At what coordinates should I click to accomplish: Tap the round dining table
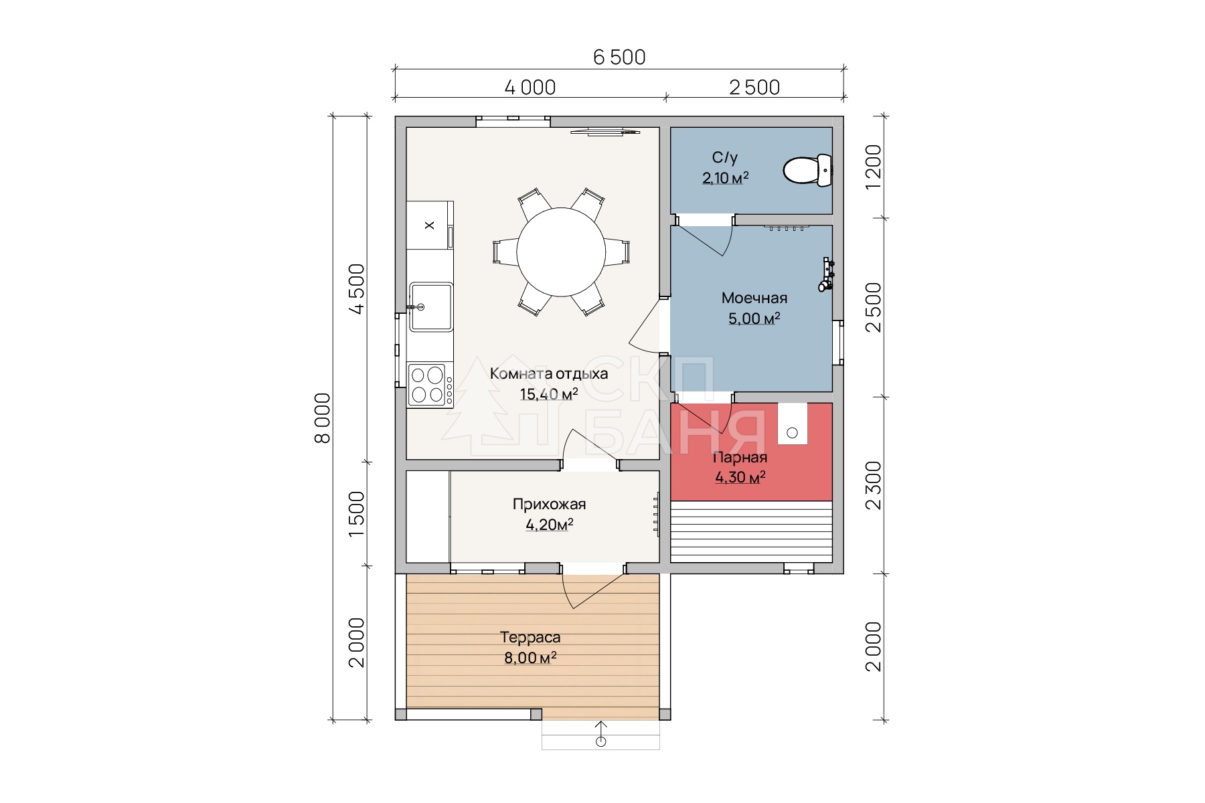click(x=561, y=252)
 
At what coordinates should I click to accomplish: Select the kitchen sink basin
click(x=431, y=306)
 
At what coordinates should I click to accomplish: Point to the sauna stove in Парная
click(x=792, y=424)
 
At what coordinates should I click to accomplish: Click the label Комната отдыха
click(x=549, y=373)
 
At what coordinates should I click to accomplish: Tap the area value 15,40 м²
click(x=549, y=394)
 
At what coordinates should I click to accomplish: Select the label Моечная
click(x=754, y=298)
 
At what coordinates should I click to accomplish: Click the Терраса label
click(x=530, y=638)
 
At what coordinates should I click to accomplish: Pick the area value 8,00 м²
click(x=530, y=658)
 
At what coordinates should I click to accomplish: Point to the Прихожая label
click(x=549, y=504)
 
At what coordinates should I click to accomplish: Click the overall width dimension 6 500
click(x=619, y=58)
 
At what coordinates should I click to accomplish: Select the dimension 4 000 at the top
click(x=530, y=88)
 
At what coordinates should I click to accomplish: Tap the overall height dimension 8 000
click(x=323, y=418)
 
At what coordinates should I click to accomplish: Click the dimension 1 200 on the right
click(x=874, y=167)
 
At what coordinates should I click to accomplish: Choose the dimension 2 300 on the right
click(x=874, y=485)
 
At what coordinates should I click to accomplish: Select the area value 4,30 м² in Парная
click(x=740, y=477)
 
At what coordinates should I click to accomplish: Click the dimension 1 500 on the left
click(x=357, y=514)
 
